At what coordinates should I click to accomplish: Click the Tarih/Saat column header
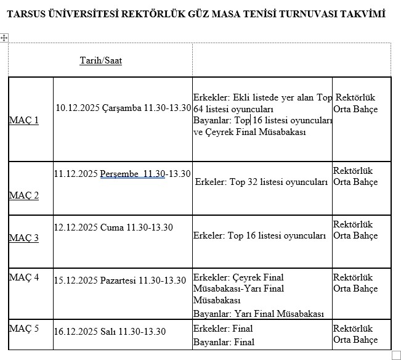[101, 60]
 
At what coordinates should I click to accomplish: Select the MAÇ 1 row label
[23, 120]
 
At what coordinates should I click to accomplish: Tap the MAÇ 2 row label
[23, 195]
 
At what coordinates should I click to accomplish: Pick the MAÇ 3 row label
[23, 238]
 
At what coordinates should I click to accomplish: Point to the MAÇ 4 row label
[23, 277]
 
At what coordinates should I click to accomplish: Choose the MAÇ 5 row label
[23, 328]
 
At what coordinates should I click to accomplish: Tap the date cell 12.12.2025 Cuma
[89, 227]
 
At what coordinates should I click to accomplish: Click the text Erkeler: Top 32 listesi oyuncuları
[262, 182]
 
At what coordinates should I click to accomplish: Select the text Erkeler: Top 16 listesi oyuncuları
[259, 235]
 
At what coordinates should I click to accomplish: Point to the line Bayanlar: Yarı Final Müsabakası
[258, 314]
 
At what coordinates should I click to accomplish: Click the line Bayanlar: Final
[224, 342]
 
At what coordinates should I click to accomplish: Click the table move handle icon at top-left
[4, 38]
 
